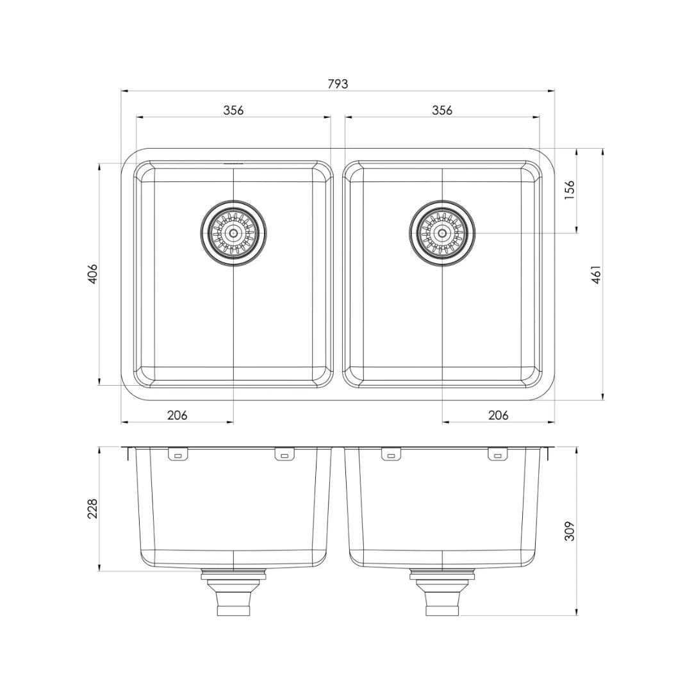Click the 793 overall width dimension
[338, 84]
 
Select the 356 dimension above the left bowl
[233, 110]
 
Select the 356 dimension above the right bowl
[442, 110]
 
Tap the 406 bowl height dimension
[94, 274]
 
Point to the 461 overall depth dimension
[596, 274]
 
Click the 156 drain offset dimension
[570, 190]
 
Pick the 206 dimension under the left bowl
[177, 415]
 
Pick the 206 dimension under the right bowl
[498, 415]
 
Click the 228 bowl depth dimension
[94, 509]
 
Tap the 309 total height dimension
[570, 530]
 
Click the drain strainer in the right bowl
[442, 233]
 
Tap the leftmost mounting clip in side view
[177, 454]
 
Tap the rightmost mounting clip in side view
[498, 454]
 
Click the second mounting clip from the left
[284, 454]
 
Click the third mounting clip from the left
[391, 454]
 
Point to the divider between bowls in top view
[338, 274]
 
